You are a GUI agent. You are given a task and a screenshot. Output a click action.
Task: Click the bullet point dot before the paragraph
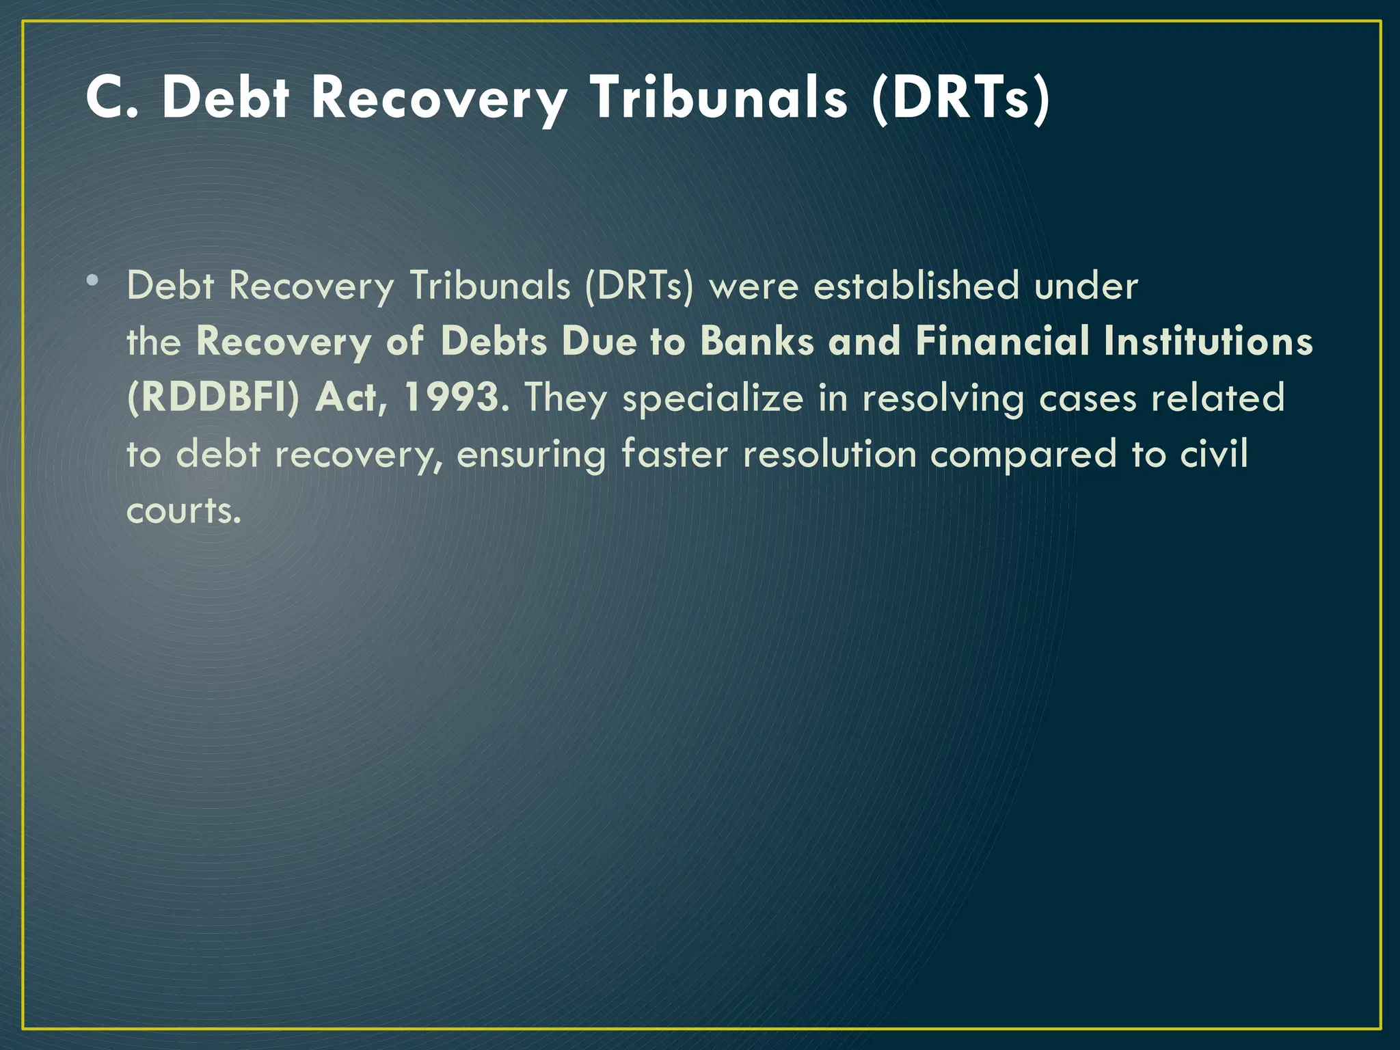(x=92, y=280)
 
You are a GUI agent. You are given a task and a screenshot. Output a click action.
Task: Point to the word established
(x=915, y=286)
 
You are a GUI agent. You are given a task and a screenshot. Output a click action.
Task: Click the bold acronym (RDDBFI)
(x=213, y=398)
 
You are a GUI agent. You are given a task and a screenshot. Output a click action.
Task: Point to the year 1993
(x=452, y=398)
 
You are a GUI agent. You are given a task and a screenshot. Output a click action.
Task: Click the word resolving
(x=943, y=398)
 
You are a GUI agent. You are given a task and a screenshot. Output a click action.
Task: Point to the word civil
(x=1214, y=454)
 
